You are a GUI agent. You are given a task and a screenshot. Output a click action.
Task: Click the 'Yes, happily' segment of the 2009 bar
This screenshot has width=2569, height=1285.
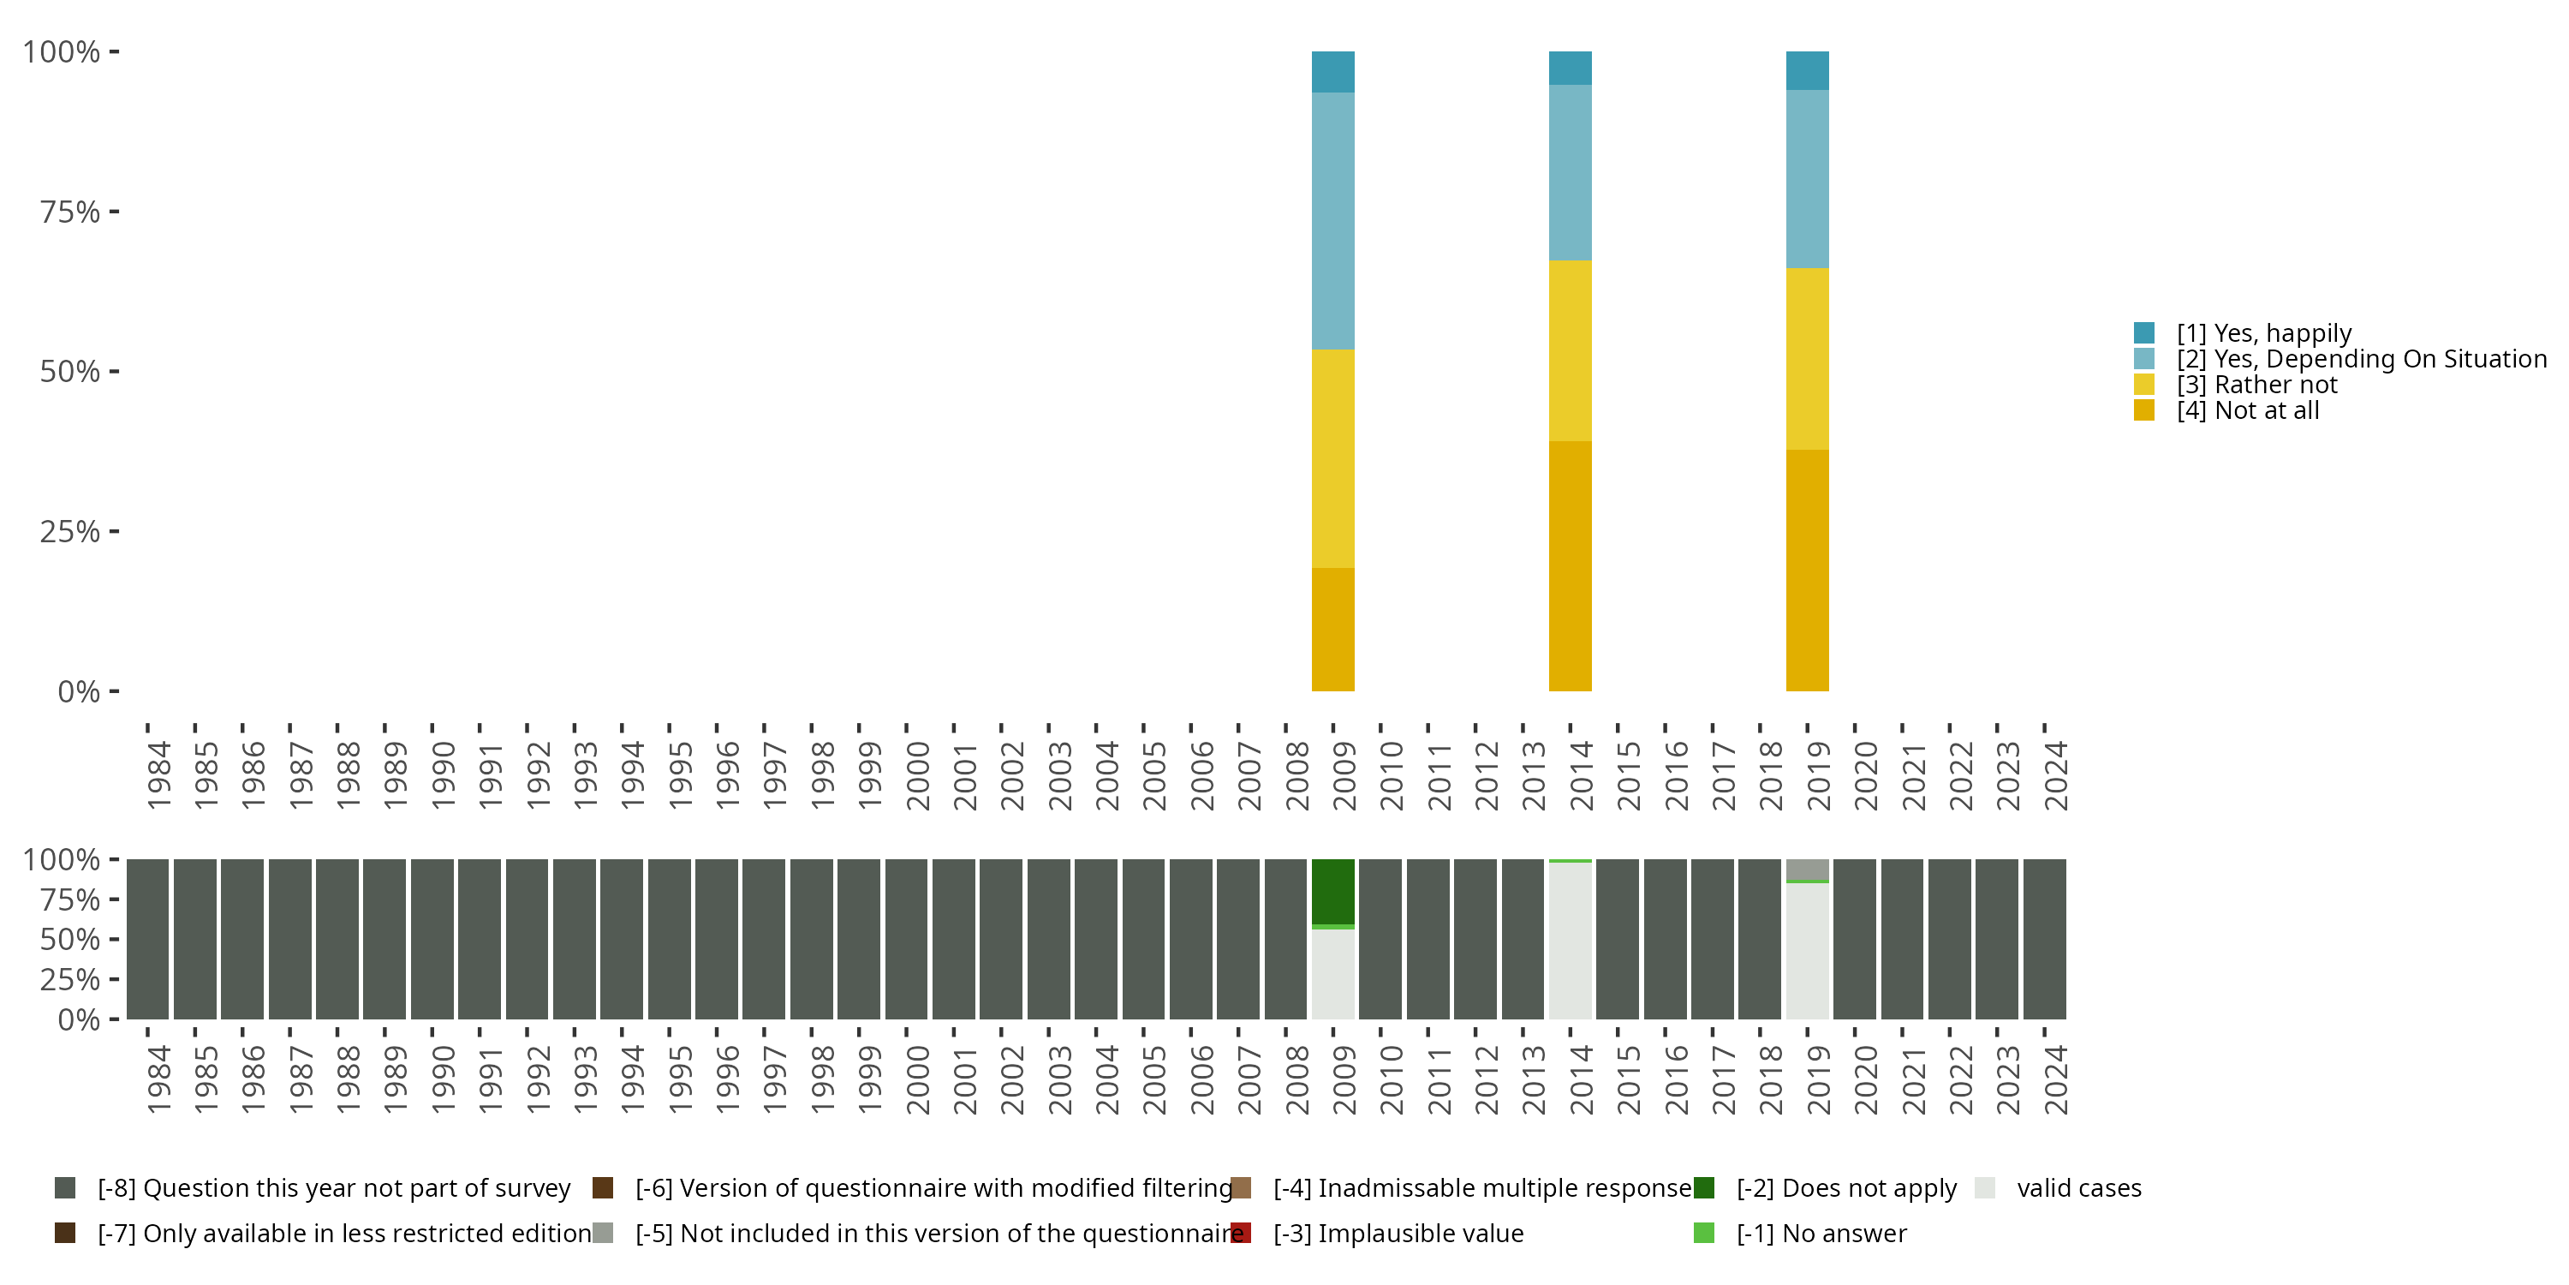1332,72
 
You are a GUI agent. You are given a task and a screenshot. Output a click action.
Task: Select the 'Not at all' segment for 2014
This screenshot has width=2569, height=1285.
1570,565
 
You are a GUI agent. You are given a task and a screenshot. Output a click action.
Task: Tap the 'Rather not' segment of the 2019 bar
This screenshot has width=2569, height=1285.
1807,359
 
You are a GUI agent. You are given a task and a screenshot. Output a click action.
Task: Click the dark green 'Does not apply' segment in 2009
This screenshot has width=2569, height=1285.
1332,891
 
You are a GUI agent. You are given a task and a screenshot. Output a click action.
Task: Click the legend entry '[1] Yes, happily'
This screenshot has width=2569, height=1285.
2262,333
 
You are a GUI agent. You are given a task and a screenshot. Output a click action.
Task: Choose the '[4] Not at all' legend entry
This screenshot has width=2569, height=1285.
2247,411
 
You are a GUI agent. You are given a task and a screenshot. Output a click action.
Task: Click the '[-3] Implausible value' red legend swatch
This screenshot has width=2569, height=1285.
1241,1233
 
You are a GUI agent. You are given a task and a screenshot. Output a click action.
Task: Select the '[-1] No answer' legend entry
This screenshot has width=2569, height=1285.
1821,1233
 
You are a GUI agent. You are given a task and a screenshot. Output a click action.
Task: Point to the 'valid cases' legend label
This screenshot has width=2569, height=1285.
2078,1188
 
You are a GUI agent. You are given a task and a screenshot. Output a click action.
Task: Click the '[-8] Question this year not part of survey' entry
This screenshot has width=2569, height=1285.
333,1188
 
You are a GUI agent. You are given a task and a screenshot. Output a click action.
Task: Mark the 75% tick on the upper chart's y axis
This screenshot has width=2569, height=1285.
70,212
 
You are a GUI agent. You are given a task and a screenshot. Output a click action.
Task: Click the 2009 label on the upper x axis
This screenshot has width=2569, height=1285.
1344,775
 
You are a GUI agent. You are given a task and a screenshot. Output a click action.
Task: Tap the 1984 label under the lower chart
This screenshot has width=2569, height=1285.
158,1079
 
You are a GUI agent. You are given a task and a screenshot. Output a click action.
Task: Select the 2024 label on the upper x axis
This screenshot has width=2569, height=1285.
2054,775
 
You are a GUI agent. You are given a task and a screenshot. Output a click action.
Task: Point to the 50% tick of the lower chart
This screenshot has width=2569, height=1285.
70,939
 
